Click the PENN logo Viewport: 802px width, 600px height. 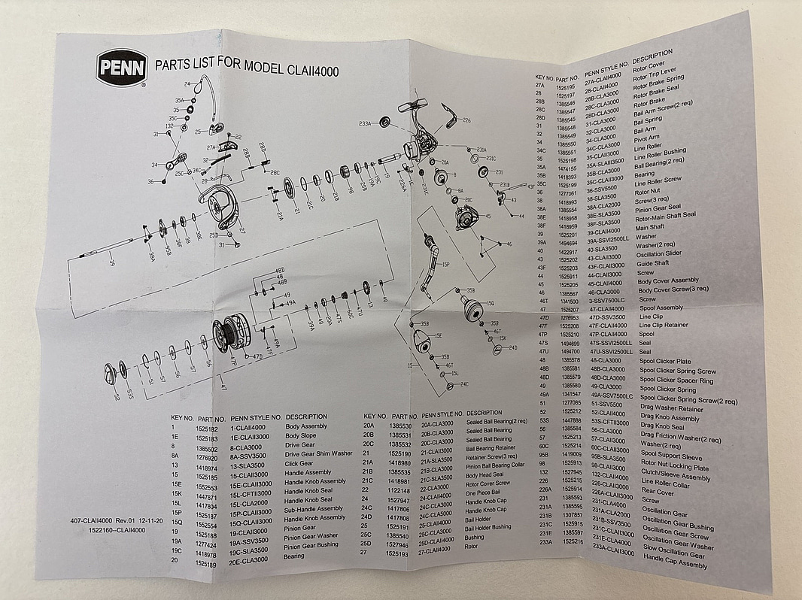(x=120, y=68)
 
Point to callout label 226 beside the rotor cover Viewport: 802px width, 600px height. (x=466, y=120)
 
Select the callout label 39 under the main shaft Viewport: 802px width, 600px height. (x=111, y=262)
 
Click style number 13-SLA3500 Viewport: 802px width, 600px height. (x=249, y=465)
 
